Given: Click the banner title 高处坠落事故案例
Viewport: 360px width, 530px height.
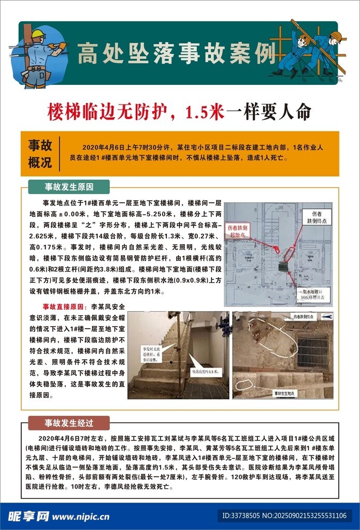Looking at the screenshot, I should point(176,54).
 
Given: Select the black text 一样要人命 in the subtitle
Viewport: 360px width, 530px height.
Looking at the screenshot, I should point(269,111).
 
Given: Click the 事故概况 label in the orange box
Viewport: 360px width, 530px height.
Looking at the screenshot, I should point(40,154).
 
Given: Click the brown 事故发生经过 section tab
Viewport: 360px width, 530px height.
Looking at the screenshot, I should point(68,423).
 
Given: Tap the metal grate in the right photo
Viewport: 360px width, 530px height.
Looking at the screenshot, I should point(312,352).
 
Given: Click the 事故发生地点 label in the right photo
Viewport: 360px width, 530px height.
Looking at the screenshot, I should point(290,393).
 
